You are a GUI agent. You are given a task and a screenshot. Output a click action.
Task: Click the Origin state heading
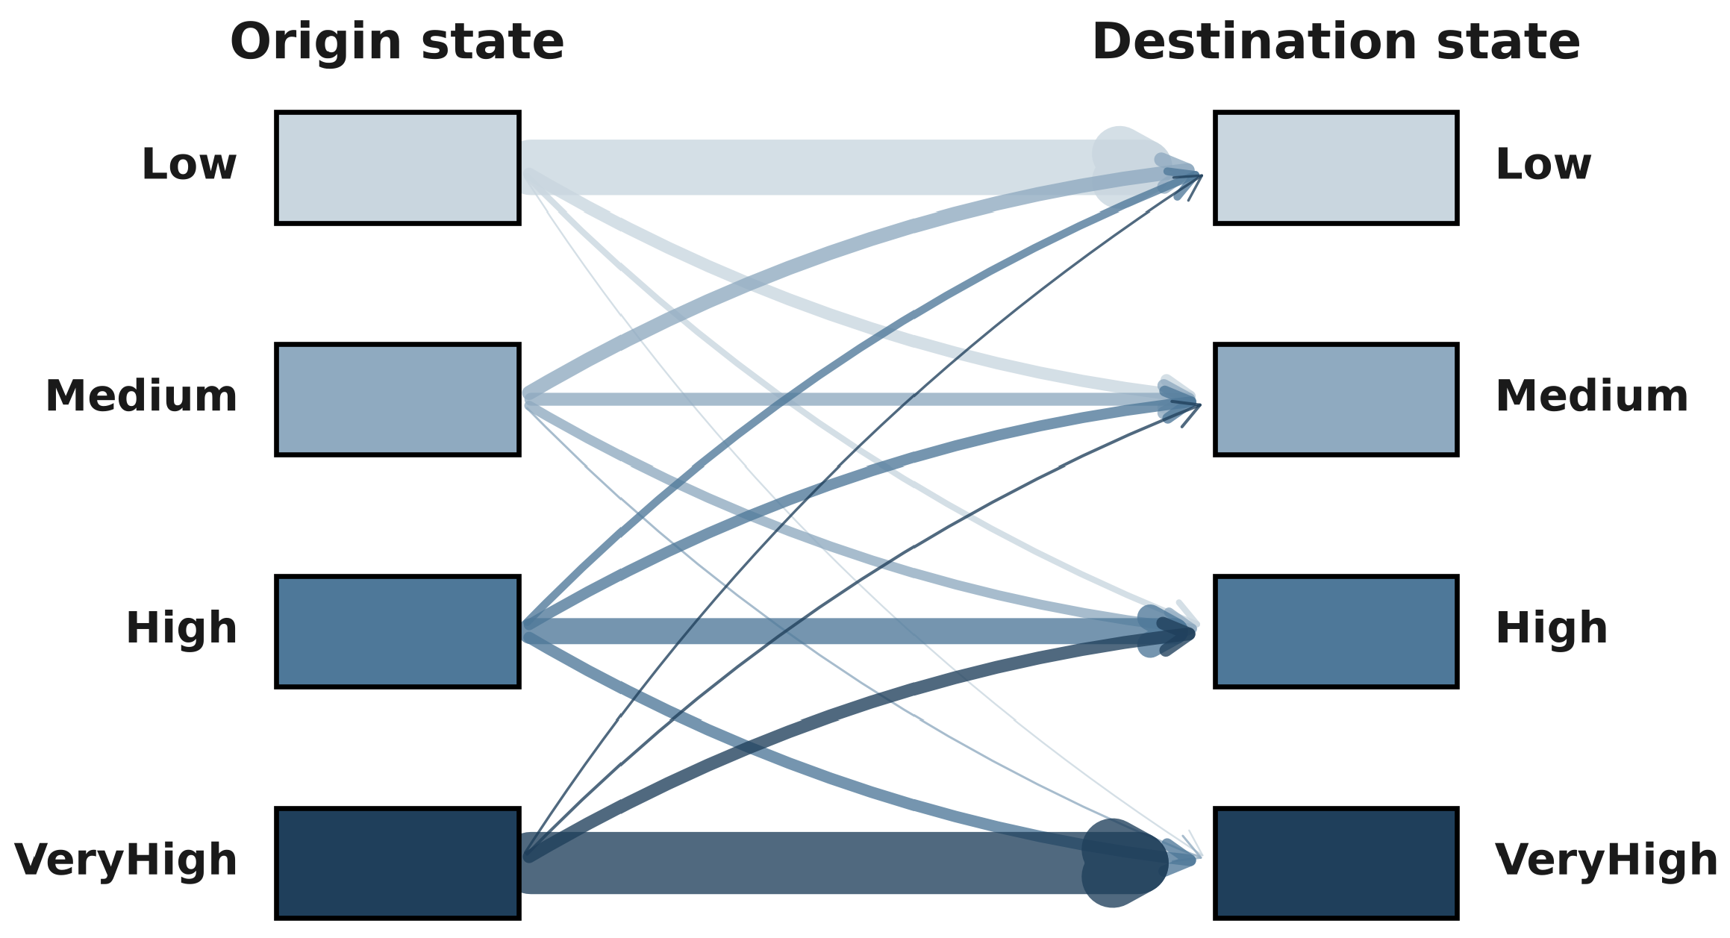click(397, 42)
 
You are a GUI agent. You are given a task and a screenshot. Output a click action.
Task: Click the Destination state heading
click(1336, 42)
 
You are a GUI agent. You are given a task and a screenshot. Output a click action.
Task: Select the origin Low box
click(398, 168)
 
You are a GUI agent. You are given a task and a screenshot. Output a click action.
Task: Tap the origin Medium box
click(398, 399)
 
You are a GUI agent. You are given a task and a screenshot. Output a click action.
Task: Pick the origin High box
click(398, 631)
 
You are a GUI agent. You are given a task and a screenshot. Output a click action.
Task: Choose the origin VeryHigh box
click(398, 863)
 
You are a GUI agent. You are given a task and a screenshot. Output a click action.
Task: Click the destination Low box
click(1336, 168)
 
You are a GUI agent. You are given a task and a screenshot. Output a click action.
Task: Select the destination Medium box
click(1336, 399)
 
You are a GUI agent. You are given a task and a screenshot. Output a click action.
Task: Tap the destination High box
click(1336, 631)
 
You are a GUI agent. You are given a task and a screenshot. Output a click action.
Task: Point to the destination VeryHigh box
click(1336, 863)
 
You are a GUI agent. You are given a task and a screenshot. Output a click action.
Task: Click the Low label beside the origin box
click(189, 164)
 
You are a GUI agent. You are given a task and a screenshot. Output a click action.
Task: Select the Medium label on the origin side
click(141, 396)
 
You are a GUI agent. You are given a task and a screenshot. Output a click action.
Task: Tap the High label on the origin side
click(181, 628)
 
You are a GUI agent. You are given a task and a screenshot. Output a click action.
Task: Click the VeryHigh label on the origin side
click(125, 860)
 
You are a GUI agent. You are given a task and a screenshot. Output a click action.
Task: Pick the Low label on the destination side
click(1543, 164)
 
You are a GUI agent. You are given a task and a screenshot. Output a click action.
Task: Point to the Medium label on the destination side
click(1592, 396)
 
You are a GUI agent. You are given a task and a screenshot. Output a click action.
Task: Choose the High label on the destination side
click(1552, 628)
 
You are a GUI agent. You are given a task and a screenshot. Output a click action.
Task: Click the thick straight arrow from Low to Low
click(843, 167)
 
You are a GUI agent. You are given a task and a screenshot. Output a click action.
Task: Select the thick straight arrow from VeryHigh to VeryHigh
click(843, 863)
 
